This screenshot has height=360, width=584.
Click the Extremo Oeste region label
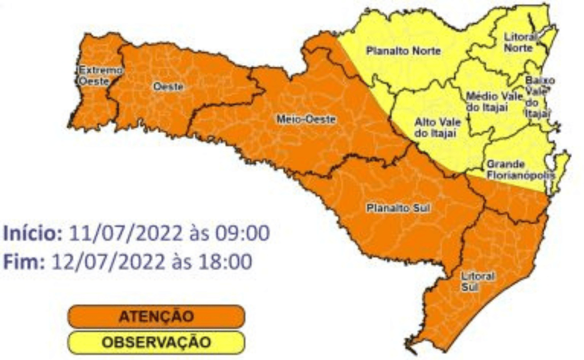pyautogui.click(x=93, y=77)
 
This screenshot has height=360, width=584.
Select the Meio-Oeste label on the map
pyautogui.click(x=306, y=119)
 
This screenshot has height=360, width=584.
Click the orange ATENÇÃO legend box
pyautogui.click(x=156, y=316)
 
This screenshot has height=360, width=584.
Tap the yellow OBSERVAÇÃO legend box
pyautogui.click(x=156, y=342)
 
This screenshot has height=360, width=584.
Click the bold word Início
pyautogui.click(x=33, y=233)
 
